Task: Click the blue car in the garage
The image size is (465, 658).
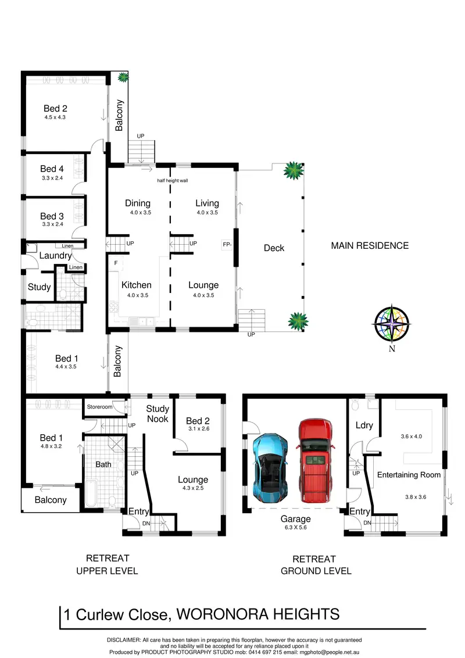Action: click(270, 468)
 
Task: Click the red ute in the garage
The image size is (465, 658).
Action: click(316, 460)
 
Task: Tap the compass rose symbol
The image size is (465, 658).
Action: click(392, 324)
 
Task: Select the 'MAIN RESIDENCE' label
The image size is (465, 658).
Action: click(370, 245)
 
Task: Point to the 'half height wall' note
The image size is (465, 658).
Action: click(173, 180)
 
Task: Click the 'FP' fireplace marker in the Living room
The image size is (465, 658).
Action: click(227, 244)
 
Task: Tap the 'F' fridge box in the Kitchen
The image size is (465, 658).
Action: click(116, 263)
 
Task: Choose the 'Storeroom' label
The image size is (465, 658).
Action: click(99, 407)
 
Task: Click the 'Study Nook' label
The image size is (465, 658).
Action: click(158, 414)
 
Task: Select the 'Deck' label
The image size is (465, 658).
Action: click(274, 248)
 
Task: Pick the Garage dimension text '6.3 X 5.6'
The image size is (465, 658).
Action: click(295, 527)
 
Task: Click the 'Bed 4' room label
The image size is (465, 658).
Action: click(52, 169)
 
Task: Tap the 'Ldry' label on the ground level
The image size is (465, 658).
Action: click(364, 425)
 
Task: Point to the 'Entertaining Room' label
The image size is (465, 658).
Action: click(409, 475)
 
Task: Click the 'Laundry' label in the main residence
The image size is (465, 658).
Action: click(55, 256)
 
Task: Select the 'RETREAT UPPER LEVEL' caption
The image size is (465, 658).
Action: click(108, 564)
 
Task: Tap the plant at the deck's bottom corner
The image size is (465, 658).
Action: click(298, 322)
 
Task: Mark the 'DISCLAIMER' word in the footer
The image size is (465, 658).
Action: click(123, 640)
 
